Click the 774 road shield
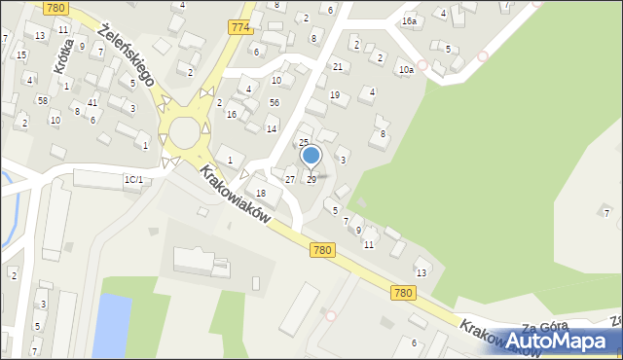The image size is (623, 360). point(241,27)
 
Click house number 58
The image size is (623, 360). point(43,100)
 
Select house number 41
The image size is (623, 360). point(92,102)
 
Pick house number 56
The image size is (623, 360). point(275,102)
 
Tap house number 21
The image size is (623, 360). point(338,66)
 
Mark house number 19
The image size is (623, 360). point(334,95)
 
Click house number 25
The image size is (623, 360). point(303,143)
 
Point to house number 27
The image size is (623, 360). point(289,179)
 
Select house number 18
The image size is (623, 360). point(261,194)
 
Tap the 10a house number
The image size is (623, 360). point(405,70)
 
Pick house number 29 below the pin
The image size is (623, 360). point(311,179)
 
